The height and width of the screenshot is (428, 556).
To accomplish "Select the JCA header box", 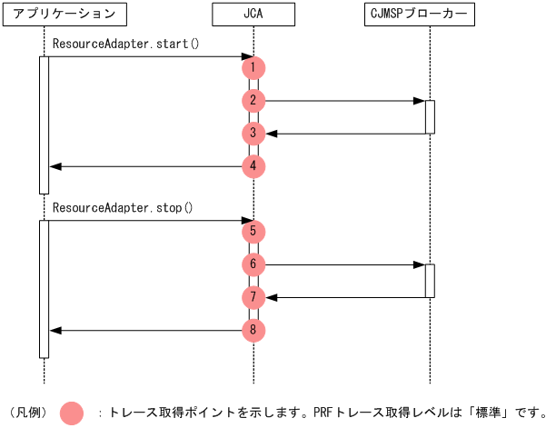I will pos(253,14).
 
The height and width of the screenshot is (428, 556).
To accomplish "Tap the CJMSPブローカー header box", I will pos(430,14).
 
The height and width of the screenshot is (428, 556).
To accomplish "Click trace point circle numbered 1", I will pos(253,68).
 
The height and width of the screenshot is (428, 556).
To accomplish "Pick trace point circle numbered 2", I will pos(253,101).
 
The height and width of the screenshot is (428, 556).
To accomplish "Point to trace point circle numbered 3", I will pos(253,134).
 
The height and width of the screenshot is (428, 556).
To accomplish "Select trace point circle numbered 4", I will pos(253,166).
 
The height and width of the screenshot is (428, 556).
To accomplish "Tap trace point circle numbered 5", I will pos(253,232).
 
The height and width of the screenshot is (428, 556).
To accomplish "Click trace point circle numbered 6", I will pos(253,264).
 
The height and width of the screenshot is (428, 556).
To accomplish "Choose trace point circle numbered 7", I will pos(253,297).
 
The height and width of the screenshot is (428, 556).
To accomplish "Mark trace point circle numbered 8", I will pos(253,330).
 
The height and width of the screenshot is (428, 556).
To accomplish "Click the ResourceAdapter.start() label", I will pos(125,44).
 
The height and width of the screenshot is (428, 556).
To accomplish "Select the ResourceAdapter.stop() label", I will pos(123,207).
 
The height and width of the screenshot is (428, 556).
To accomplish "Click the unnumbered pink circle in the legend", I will pos(72,413).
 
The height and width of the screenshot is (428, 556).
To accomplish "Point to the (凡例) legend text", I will pos(27,413).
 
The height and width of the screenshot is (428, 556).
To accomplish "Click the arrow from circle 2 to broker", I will pos(345,101).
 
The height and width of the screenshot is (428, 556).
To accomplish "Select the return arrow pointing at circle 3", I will pos(345,134).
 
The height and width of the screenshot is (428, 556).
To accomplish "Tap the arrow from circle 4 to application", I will pos(145,166).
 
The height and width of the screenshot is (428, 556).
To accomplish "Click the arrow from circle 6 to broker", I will pos(345,264).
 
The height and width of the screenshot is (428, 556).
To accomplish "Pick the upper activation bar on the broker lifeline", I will pos(430,116).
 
